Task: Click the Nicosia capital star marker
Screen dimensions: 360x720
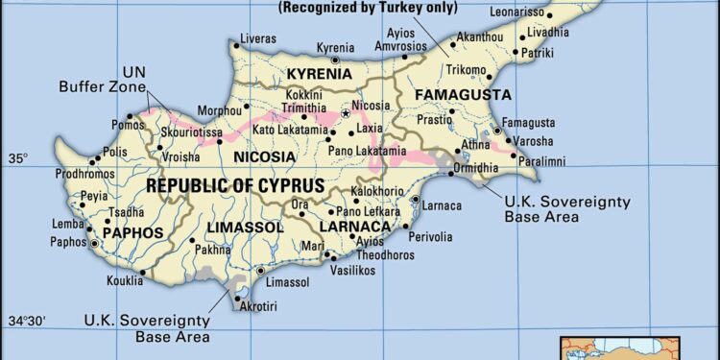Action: (347, 114)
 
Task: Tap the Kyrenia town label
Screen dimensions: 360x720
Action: (335, 47)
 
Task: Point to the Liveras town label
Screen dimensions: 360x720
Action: (257, 38)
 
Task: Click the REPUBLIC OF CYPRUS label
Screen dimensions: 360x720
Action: (235, 184)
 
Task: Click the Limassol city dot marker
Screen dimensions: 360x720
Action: (260, 272)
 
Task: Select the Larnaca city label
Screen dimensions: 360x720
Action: (443, 205)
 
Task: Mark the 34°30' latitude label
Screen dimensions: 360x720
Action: (26, 321)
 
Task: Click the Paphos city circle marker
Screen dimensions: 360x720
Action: (95, 244)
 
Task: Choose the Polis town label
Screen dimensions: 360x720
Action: (114, 152)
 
